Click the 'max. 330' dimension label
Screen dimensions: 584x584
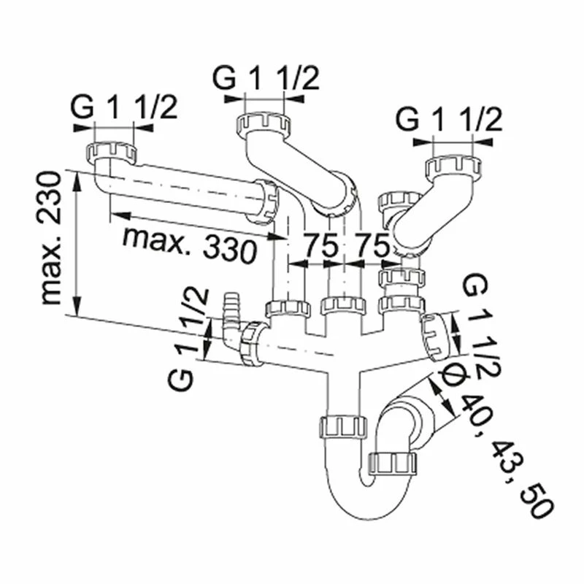pyautogui.click(x=190, y=245)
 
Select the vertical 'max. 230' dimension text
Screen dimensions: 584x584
pyautogui.click(x=50, y=238)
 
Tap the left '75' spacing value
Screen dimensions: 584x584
pyautogui.click(x=320, y=245)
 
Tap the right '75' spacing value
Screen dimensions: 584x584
pyautogui.click(x=371, y=245)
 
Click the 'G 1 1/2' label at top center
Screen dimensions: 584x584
pyautogui.click(x=266, y=78)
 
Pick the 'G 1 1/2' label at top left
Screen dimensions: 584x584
pyautogui.click(x=123, y=107)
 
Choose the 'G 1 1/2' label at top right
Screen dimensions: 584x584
pyautogui.click(x=449, y=119)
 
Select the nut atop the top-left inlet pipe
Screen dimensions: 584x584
pyautogui.click(x=112, y=153)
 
